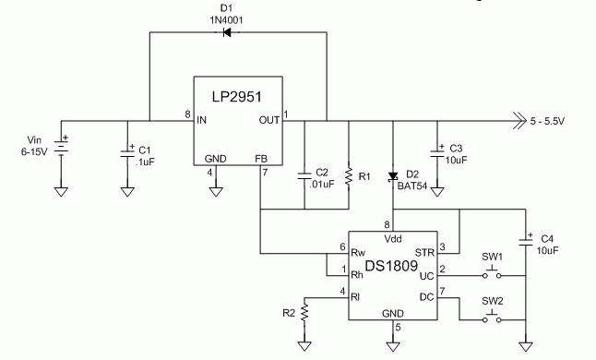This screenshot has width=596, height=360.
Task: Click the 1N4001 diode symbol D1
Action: pyautogui.click(x=225, y=33)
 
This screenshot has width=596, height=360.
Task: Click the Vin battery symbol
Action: pyautogui.click(x=61, y=147)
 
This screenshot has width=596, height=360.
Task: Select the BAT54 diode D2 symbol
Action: pyautogui.click(x=393, y=175)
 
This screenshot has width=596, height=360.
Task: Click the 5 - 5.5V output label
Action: pyautogui.click(x=553, y=121)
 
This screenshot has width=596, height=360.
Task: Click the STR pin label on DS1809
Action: pyautogui.click(x=424, y=250)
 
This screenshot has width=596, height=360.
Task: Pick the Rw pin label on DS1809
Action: pyautogui.click(x=360, y=250)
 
